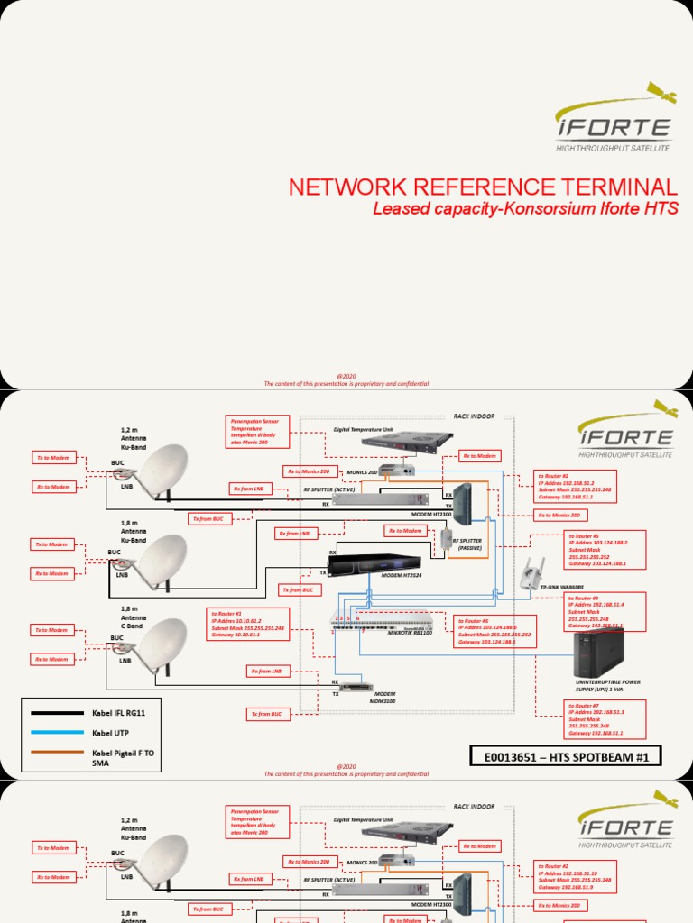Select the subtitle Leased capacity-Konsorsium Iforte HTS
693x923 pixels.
(x=525, y=209)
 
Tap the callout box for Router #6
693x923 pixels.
(x=495, y=631)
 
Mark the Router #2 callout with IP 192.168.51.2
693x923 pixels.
(x=576, y=488)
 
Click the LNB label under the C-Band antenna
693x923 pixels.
(x=125, y=660)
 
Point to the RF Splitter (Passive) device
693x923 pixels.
(x=447, y=540)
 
